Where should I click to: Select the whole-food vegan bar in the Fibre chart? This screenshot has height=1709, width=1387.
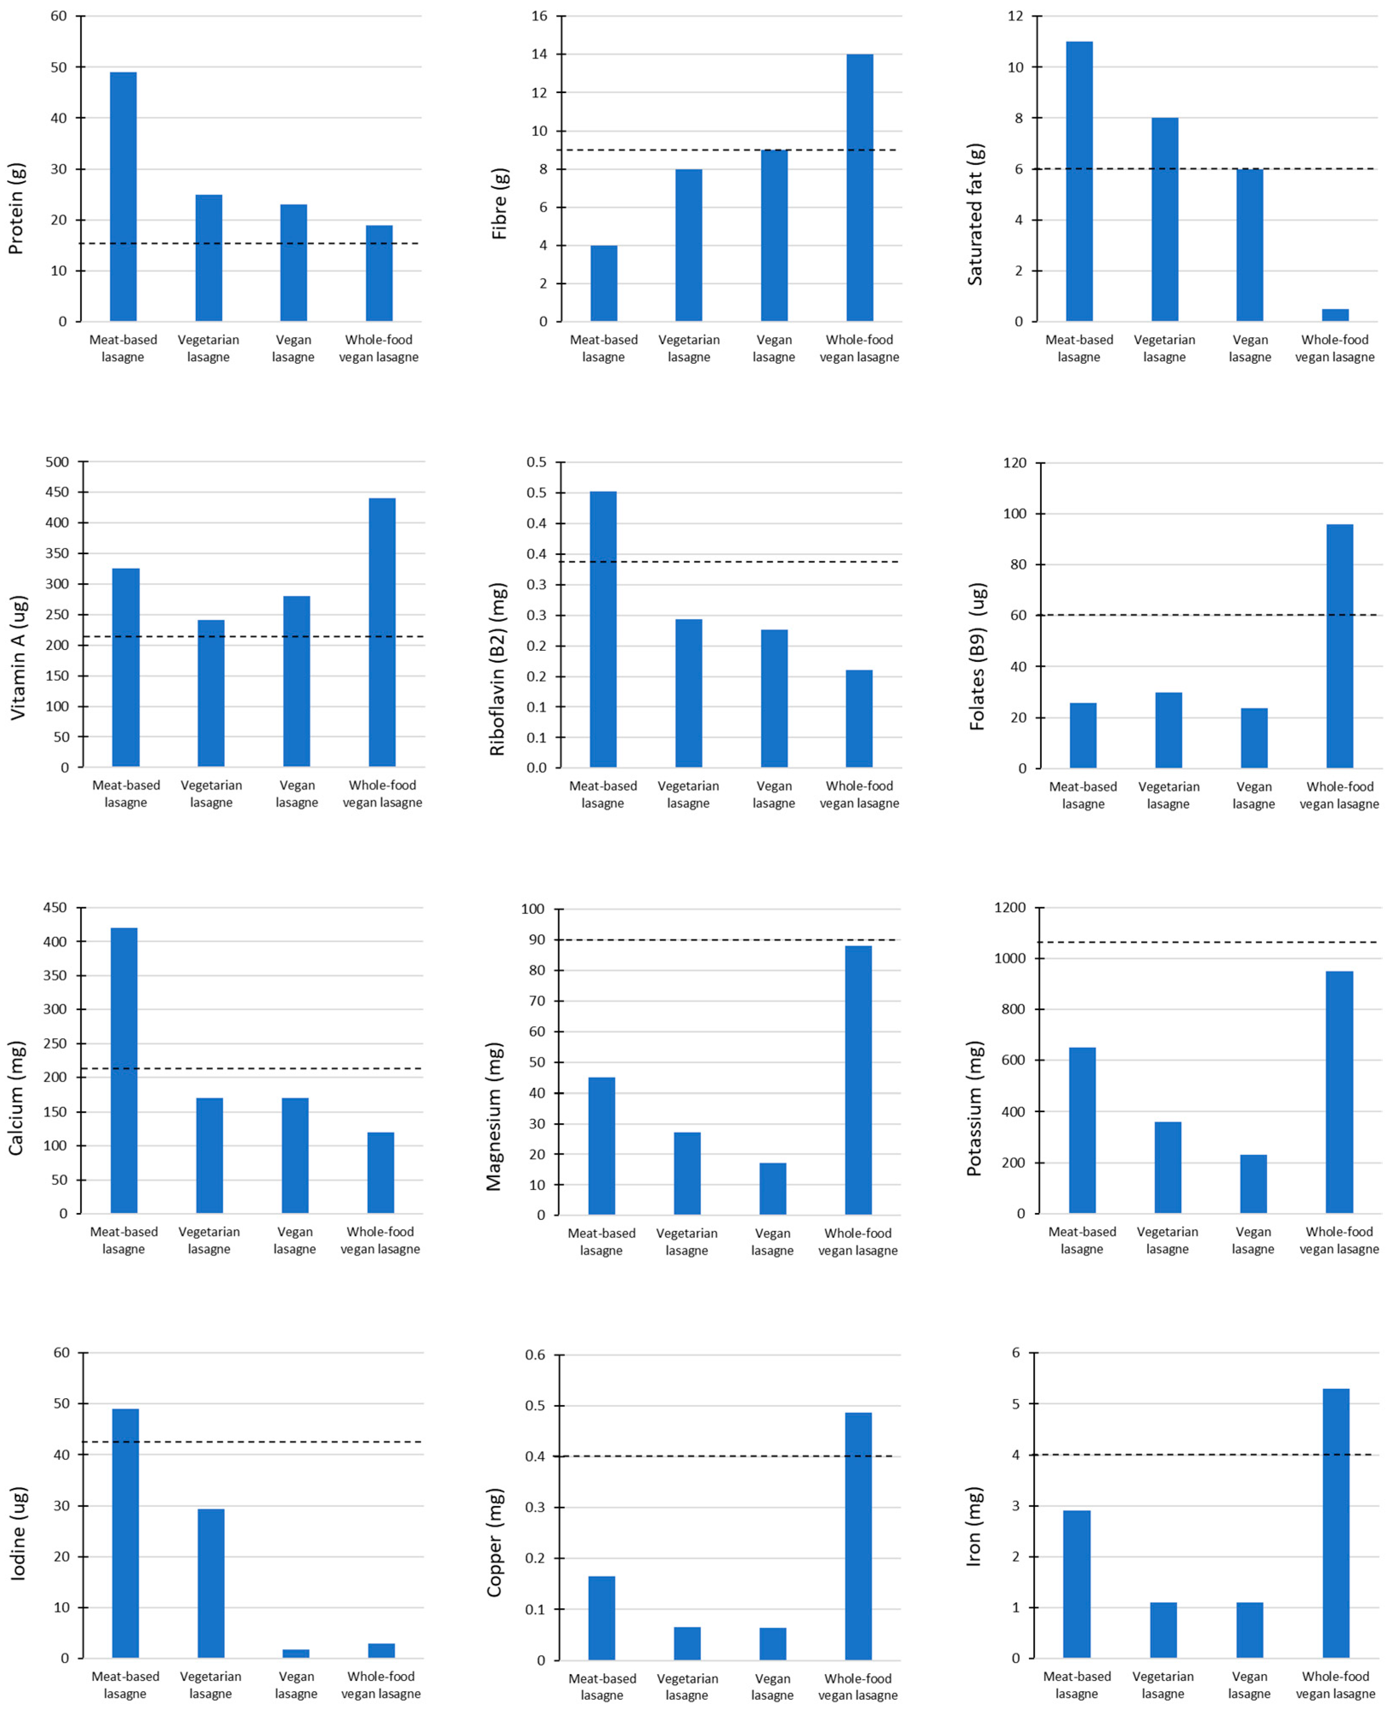pyautogui.click(x=859, y=188)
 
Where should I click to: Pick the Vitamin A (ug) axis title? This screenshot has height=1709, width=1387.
pyautogui.click(x=17, y=657)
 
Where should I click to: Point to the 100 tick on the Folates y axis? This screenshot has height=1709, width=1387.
pyautogui.click(x=1015, y=514)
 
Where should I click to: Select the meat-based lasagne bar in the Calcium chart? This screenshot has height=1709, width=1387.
pyautogui.click(x=124, y=1071)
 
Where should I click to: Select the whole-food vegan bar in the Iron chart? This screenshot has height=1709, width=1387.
pyautogui.click(x=1336, y=1523)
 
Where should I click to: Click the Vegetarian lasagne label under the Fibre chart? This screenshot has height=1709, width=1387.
pyautogui.click(x=689, y=349)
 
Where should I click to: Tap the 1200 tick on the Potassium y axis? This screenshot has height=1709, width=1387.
pyautogui.click(x=1010, y=908)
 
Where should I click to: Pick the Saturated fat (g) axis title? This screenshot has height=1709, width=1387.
pyautogui.click(x=975, y=214)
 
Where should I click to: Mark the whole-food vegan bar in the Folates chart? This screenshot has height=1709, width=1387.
pyautogui.click(x=1340, y=646)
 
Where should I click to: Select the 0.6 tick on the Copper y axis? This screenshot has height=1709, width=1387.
pyautogui.click(x=534, y=1355)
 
